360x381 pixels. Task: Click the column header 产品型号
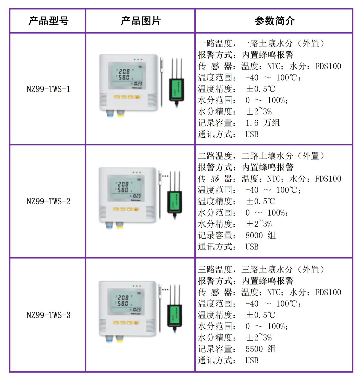click(x=48, y=21)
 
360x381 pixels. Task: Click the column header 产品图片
click(x=141, y=21)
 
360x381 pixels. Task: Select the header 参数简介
click(x=274, y=21)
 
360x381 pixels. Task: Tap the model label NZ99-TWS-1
click(x=48, y=89)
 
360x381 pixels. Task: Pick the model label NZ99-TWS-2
click(x=48, y=201)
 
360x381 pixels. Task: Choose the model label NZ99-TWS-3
click(x=48, y=315)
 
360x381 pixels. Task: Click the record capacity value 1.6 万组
click(x=262, y=123)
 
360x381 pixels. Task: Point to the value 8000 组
click(x=260, y=235)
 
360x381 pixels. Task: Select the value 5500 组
click(x=260, y=349)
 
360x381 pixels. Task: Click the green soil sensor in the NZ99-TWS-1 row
click(x=176, y=90)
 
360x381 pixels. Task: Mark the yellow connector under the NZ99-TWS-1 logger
click(x=121, y=113)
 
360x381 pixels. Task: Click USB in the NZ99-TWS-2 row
click(x=252, y=247)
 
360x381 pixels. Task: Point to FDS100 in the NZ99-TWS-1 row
click(x=328, y=66)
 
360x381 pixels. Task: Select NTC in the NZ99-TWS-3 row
click(x=273, y=292)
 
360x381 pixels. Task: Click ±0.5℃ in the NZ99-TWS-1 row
click(x=260, y=89)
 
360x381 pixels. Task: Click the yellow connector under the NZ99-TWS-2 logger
click(x=120, y=225)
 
